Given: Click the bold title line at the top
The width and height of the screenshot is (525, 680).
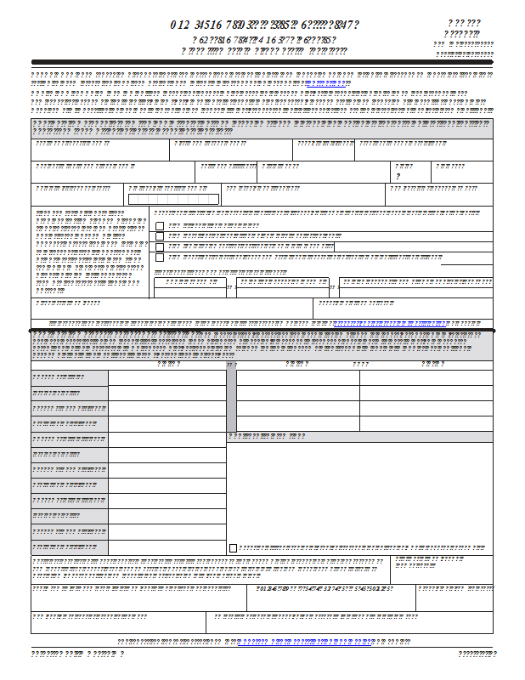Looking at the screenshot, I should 263,25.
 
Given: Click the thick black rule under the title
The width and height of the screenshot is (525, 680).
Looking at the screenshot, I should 262,62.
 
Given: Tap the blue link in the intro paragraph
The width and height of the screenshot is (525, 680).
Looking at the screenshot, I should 325,85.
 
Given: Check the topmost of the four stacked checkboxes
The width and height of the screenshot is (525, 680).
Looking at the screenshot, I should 160,226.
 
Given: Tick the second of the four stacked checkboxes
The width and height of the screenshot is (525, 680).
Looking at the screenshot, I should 160,236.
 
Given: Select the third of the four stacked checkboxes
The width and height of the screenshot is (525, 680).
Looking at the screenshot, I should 160,246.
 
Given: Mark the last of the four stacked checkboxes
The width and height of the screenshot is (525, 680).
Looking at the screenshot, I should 160,257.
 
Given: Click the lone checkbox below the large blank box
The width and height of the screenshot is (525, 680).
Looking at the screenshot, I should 234,548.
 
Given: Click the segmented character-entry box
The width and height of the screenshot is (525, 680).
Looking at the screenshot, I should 173,199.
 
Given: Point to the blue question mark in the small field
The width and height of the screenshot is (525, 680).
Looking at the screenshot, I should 398,176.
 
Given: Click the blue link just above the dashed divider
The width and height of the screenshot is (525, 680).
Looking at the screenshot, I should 391,324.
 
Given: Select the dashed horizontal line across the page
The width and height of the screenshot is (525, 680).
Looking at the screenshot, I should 262,329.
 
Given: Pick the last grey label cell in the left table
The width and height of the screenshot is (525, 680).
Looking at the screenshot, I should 70,547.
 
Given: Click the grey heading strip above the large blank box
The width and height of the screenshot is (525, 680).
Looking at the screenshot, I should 359,437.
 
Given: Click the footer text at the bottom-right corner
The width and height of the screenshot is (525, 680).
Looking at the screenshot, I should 477,654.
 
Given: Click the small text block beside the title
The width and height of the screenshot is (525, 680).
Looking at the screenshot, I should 464,39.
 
